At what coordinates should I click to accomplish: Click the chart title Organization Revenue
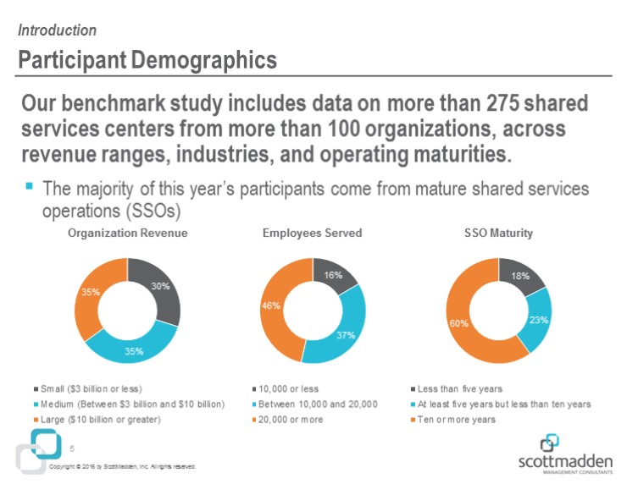click(127, 234)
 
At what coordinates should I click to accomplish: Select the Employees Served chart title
click(313, 234)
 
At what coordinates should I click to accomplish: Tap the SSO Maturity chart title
click(498, 234)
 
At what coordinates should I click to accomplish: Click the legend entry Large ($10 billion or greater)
click(103, 420)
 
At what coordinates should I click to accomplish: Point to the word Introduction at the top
click(57, 30)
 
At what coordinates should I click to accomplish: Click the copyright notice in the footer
click(123, 466)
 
